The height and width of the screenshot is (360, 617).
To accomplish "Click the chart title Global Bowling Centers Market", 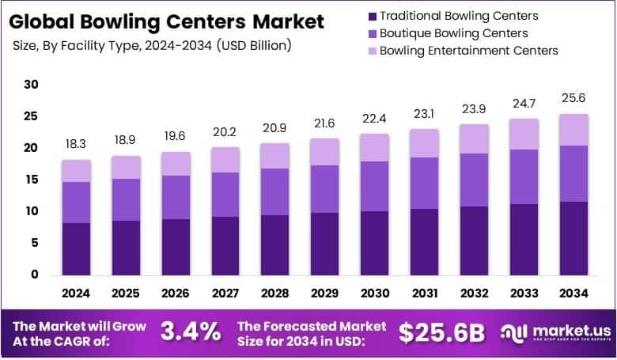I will pyautogui.click(x=167, y=21).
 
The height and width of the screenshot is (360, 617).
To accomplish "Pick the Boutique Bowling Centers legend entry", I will pyautogui.click(x=453, y=33).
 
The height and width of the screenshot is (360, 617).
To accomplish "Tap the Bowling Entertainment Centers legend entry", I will pyautogui.click(x=468, y=51).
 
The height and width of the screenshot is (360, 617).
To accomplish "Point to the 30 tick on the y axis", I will pyautogui.click(x=31, y=85).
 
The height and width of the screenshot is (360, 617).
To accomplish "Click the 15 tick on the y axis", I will pyautogui.click(x=31, y=180).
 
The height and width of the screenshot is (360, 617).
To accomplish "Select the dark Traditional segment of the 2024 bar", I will pyautogui.click(x=77, y=248).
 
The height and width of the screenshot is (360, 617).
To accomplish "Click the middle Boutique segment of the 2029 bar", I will pyautogui.click(x=324, y=188).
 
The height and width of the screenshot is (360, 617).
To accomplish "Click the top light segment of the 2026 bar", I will pyautogui.click(x=176, y=163).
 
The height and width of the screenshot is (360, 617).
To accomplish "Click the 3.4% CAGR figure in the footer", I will pyautogui.click(x=191, y=332).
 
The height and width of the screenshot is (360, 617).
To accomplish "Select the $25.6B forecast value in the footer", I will pyautogui.click(x=441, y=332).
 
